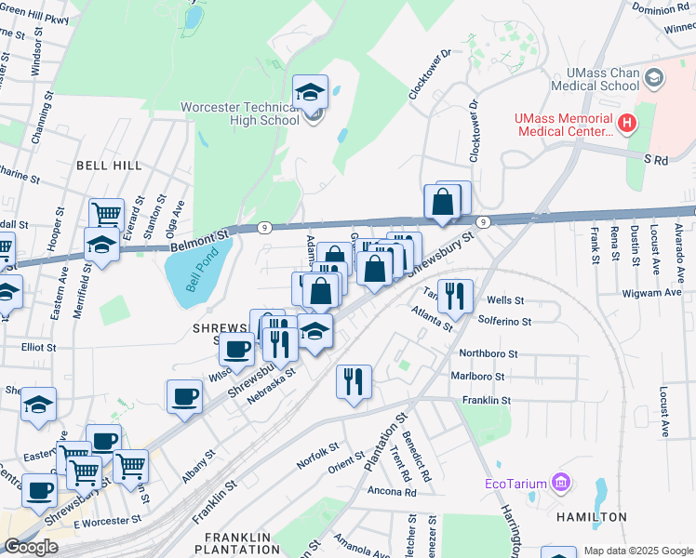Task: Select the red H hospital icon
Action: pyautogui.click(x=627, y=122)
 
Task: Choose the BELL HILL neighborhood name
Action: pyautogui.click(x=109, y=165)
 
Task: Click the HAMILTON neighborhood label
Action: pyautogui.click(x=591, y=516)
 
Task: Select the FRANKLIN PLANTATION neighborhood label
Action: pyautogui.click(x=237, y=544)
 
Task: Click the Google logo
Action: pyautogui.click(x=31, y=547)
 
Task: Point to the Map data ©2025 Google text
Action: pyautogui.click(x=636, y=551)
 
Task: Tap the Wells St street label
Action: pyautogui.click(x=506, y=300)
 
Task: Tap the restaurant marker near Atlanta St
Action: pyautogui.click(x=455, y=296)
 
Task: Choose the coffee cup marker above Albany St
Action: pyautogui.click(x=184, y=396)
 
